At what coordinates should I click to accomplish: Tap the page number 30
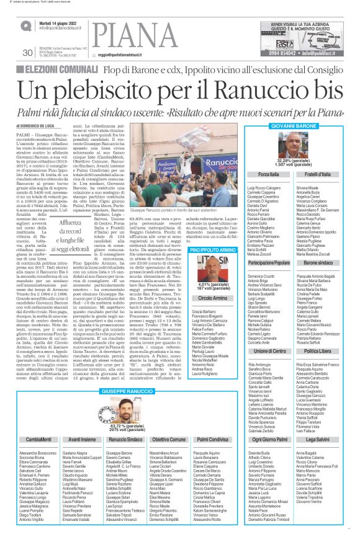27,53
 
